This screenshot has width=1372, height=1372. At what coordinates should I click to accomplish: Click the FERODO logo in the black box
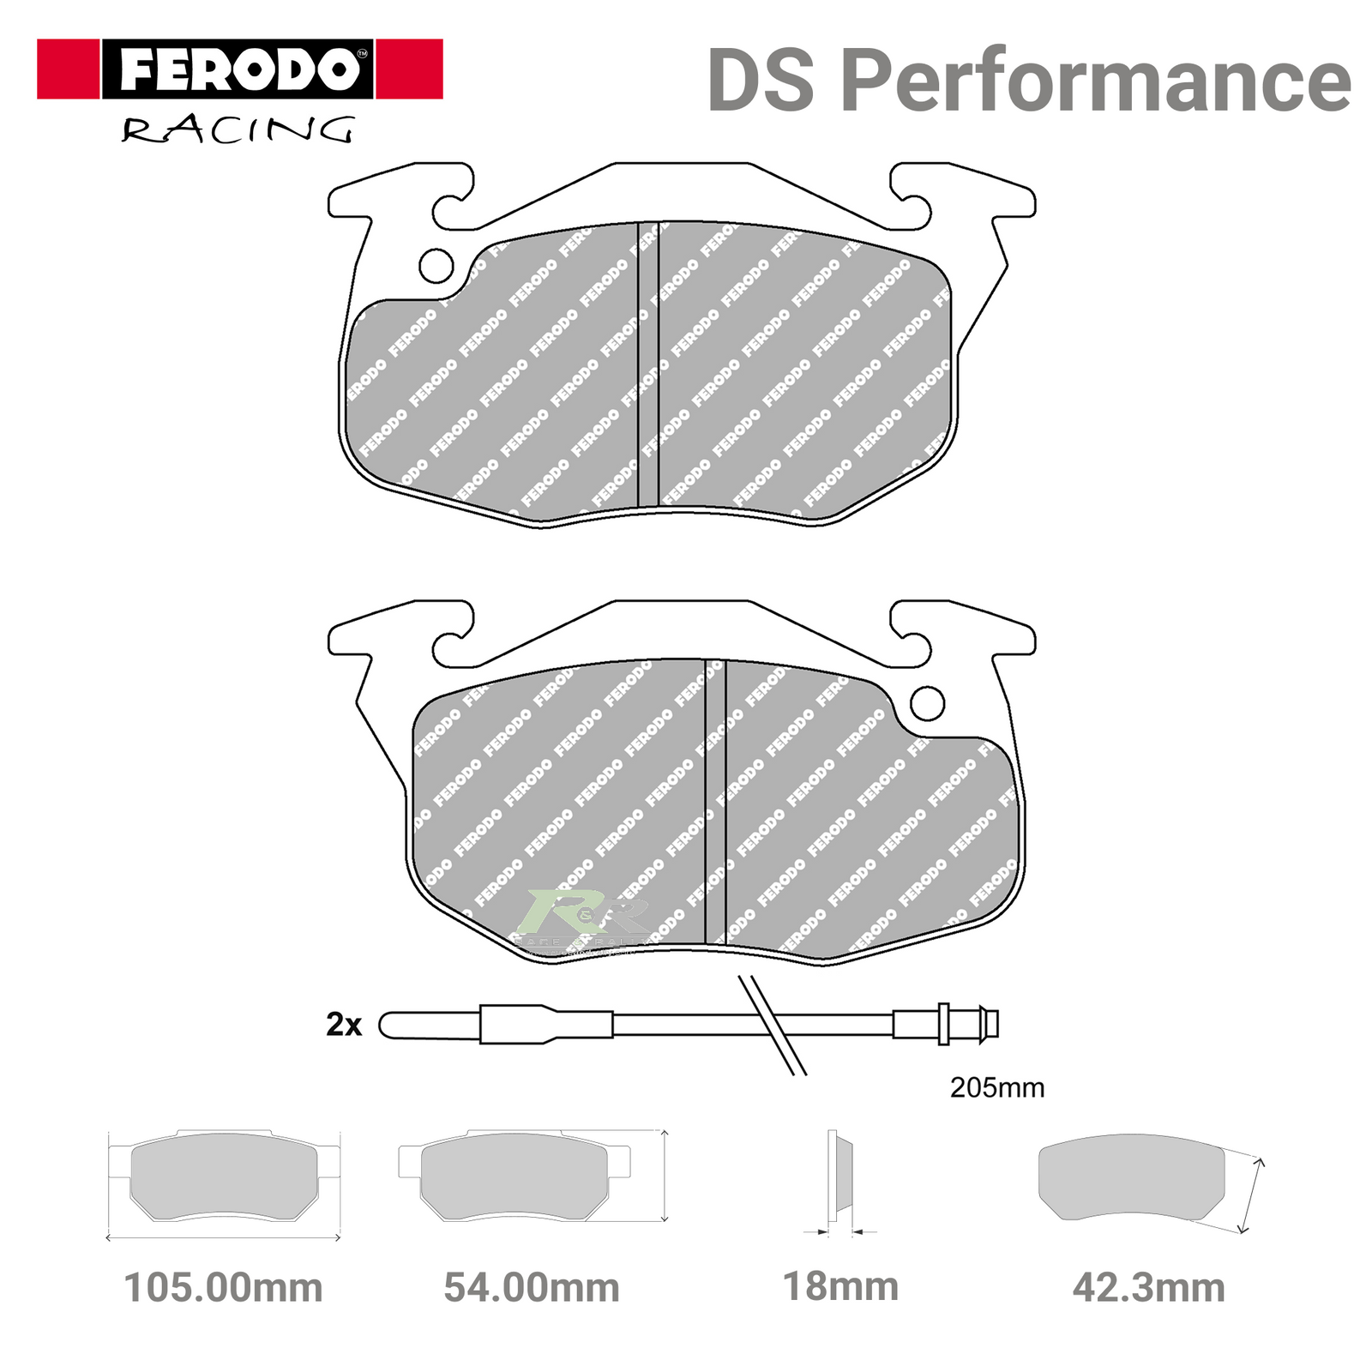(x=238, y=69)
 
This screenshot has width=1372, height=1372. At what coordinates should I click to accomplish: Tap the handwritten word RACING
(x=237, y=130)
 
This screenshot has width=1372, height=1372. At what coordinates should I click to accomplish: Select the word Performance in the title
(x=1095, y=81)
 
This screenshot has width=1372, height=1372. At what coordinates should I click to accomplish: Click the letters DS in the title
(x=760, y=81)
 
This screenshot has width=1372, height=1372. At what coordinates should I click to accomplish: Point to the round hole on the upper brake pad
(x=436, y=266)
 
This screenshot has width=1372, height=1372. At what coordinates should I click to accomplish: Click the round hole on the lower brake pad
(x=927, y=703)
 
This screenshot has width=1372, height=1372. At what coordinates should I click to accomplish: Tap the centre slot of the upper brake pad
(x=648, y=364)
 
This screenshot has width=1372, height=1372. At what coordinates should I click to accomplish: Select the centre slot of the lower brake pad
(x=715, y=802)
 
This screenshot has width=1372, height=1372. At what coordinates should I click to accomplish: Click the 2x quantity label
(x=344, y=1024)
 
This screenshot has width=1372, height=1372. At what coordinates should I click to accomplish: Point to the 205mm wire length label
(x=996, y=1087)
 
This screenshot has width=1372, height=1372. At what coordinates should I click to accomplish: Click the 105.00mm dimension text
(x=223, y=1288)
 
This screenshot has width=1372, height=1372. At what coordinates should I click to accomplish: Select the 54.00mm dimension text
(x=532, y=1288)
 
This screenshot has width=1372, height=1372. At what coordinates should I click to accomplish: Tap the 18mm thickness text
(x=840, y=1286)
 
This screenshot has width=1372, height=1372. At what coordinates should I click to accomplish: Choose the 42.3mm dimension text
(x=1149, y=1288)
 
